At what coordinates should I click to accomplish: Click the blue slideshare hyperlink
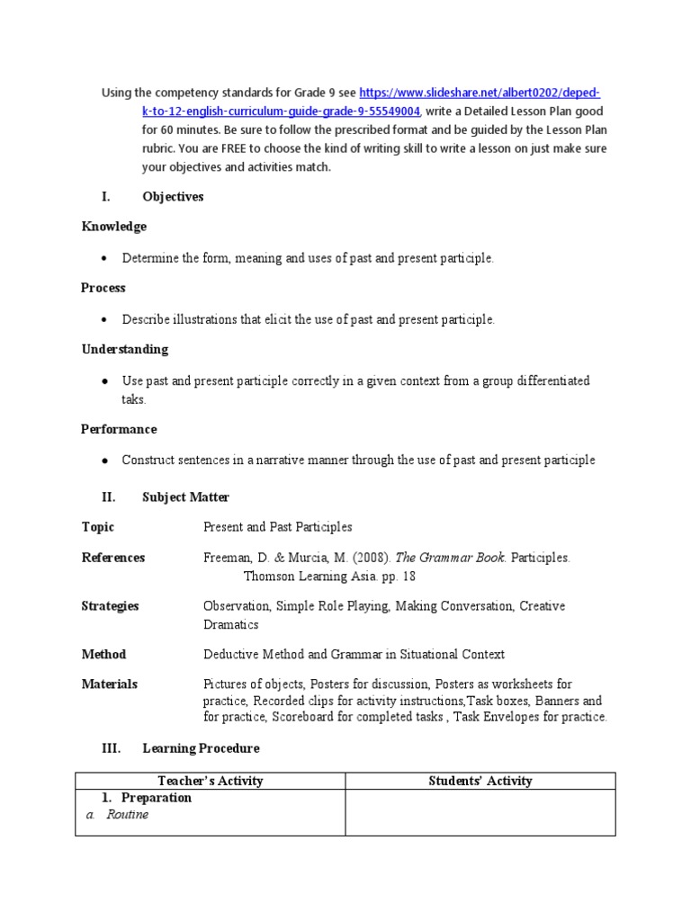pos(480,93)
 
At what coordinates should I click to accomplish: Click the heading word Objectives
pos(173,197)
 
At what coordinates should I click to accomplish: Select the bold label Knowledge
pos(113,227)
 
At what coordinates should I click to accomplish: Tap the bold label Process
pos(103,288)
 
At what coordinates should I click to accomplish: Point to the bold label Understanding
pos(124,349)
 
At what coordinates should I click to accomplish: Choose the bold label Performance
pos(119,429)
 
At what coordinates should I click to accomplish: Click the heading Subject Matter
pos(185,496)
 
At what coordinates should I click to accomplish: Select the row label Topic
pos(98,527)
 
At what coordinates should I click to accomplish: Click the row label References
pos(113,558)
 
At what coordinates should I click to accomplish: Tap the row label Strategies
pos(110,606)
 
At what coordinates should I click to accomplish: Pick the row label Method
pos(103,654)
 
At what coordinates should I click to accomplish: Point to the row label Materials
pos(109,684)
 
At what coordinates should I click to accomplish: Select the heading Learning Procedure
pos(201,748)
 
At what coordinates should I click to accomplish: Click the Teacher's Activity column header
pos(211,781)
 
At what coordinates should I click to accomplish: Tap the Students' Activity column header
pos(480,781)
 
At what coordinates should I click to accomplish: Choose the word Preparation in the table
pos(157,798)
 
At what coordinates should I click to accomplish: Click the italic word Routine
pos(127,815)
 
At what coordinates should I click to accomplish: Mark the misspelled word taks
pos(133,399)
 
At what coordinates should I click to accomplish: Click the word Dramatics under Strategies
pos(230,624)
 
